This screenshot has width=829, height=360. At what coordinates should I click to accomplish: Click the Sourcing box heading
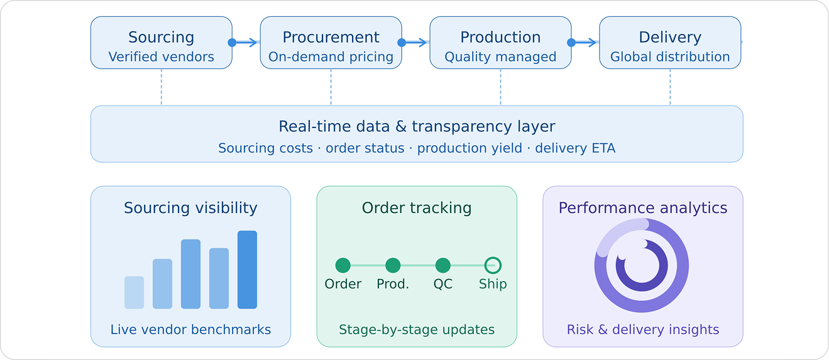pyautogui.click(x=161, y=37)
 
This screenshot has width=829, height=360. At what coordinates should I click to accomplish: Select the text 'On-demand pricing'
pyautogui.click(x=331, y=57)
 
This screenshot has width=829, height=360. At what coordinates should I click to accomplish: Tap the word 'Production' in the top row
pyautogui.click(x=500, y=37)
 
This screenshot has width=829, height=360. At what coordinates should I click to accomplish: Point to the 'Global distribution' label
pyautogui.click(x=670, y=57)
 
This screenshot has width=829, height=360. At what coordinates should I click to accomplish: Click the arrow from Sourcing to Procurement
pyautogui.click(x=246, y=43)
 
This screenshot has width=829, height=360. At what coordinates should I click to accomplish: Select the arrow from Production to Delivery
pyautogui.click(x=585, y=43)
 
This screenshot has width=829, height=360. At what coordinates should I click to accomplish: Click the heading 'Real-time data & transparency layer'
pyautogui.click(x=417, y=126)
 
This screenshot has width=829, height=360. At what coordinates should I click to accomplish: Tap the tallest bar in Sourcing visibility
pyautogui.click(x=247, y=270)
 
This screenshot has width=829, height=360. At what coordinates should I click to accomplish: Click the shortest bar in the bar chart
pyautogui.click(x=134, y=292)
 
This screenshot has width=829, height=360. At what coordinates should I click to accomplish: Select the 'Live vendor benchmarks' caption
pyautogui.click(x=190, y=329)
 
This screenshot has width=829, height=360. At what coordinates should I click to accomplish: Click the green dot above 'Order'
pyautogui.click(x=343, y=266)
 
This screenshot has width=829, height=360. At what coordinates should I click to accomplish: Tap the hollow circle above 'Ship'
pyautogui.click(x=493, y=266)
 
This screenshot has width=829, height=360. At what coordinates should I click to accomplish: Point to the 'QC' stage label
pyautogui.click(x=442, y=284)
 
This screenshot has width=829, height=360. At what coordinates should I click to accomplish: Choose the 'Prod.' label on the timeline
pyautogui.click(x=393, y=284)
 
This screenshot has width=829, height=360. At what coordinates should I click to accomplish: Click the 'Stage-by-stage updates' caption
pyautogui.click(x=417, y=329)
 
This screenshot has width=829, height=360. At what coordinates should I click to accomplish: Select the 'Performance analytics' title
pyautogui.click(x=643, y=208)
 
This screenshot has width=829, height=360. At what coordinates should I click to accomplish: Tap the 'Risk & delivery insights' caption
pyautogui.click(x=643, y=329)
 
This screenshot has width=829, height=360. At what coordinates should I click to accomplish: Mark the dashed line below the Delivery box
pyautogui.click(x=670, y=87)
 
